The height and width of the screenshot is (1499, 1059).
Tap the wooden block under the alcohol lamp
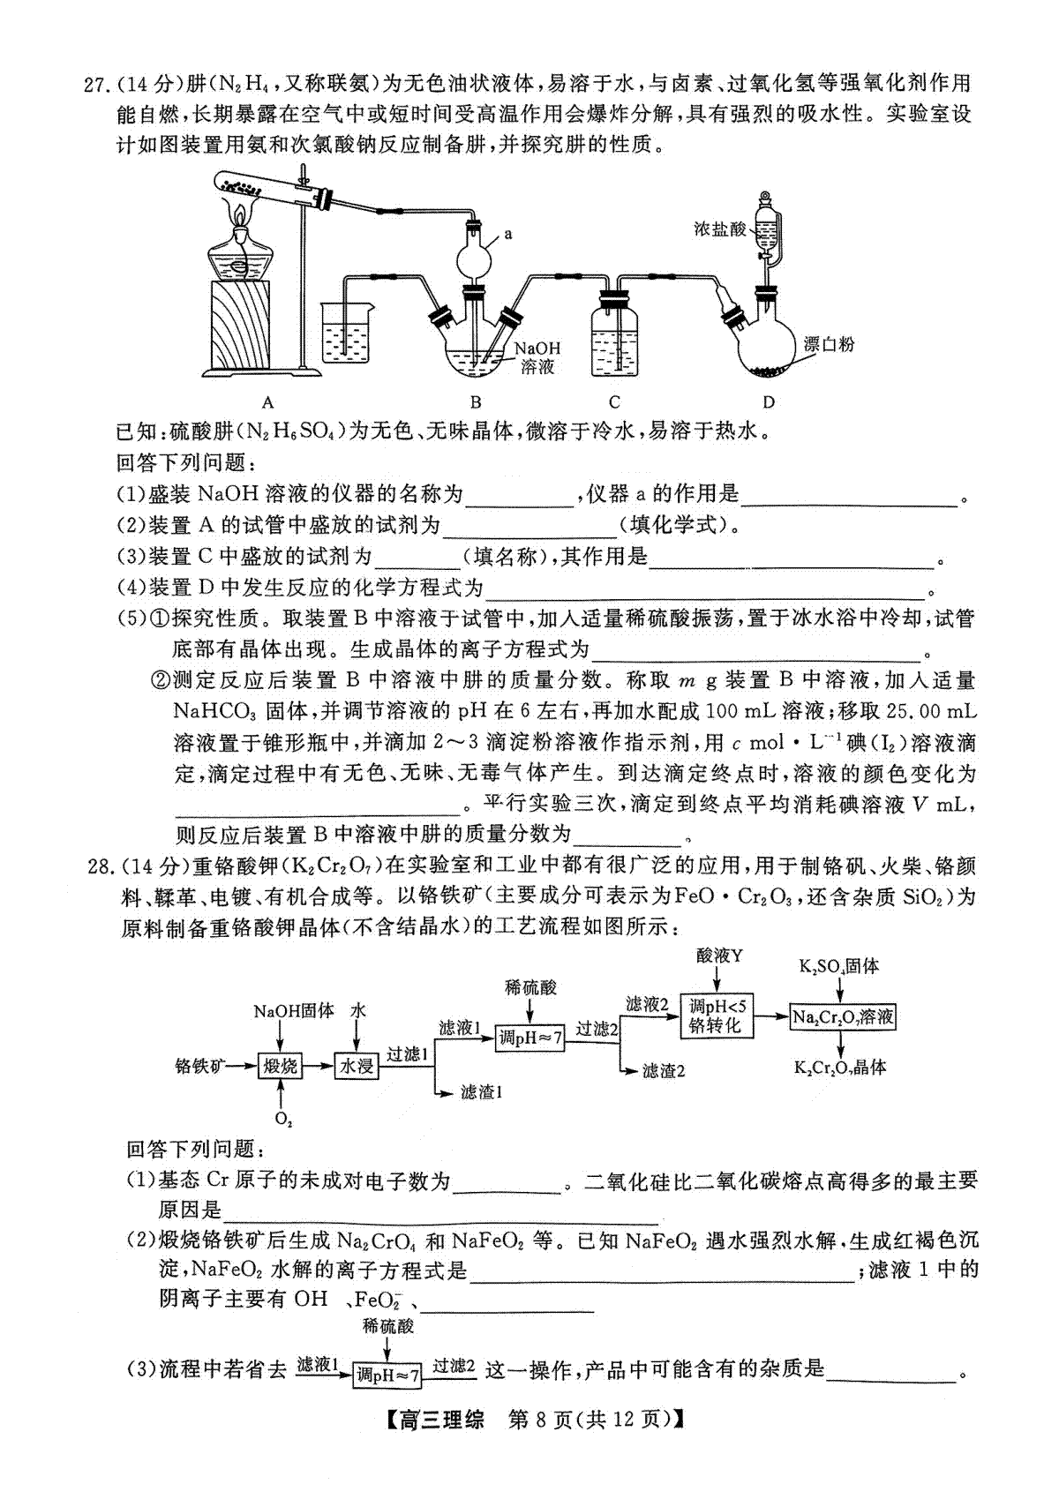[241, 324]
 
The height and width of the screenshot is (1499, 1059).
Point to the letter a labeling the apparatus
[508, 234]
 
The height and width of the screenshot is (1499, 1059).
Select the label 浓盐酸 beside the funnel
[719, 229]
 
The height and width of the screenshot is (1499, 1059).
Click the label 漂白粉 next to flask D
[829, 344]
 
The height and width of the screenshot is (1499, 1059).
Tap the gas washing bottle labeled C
[614, 334]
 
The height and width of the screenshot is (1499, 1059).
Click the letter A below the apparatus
[267, 402]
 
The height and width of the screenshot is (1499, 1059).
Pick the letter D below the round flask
[769, 402]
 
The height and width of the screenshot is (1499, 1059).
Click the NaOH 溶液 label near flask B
[537, 357]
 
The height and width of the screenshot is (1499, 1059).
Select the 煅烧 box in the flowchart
[280, 1066]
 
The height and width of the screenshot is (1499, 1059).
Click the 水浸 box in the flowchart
[357, 1066]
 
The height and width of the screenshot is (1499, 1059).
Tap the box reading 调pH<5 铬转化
[717, 1016]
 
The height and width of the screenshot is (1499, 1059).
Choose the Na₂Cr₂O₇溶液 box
[842, 1017]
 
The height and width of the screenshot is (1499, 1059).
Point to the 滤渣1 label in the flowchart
[481, 1092]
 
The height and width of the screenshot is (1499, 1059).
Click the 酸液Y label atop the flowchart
[719, 956]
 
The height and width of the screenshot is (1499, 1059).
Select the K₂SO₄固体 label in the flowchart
[838, 966]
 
